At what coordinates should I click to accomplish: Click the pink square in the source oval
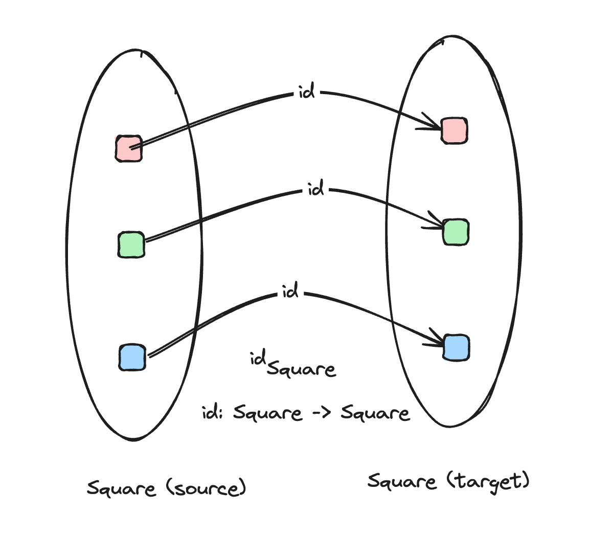tap(129, 148)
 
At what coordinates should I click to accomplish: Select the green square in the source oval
tap(131, 244)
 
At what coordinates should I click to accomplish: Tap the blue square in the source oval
tap(132, 357)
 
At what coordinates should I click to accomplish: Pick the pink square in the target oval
tap(454, 130)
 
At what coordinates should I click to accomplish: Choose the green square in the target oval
tap(456, 232)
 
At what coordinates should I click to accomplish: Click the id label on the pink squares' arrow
tap(306, 93)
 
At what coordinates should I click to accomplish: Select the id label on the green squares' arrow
tap(316, 189)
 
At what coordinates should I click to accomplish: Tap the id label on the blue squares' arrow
tap(290, 293)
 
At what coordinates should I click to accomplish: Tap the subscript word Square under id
tap(301, 368)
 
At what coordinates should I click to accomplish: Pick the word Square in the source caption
tap(121, 489)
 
